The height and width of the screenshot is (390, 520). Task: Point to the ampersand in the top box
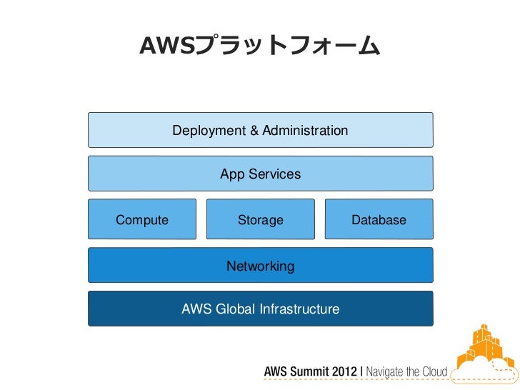254,131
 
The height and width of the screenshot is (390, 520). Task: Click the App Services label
260,174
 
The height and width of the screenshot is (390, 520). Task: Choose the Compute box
142,220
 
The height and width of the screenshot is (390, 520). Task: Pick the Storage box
260,220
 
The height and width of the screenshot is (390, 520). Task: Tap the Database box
379,220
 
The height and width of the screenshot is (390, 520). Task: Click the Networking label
260,266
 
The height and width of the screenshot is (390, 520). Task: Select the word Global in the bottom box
233,309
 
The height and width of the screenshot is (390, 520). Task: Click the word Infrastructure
299,309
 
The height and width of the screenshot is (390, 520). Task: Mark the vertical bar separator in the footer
361,372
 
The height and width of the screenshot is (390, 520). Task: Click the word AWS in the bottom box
194,309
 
